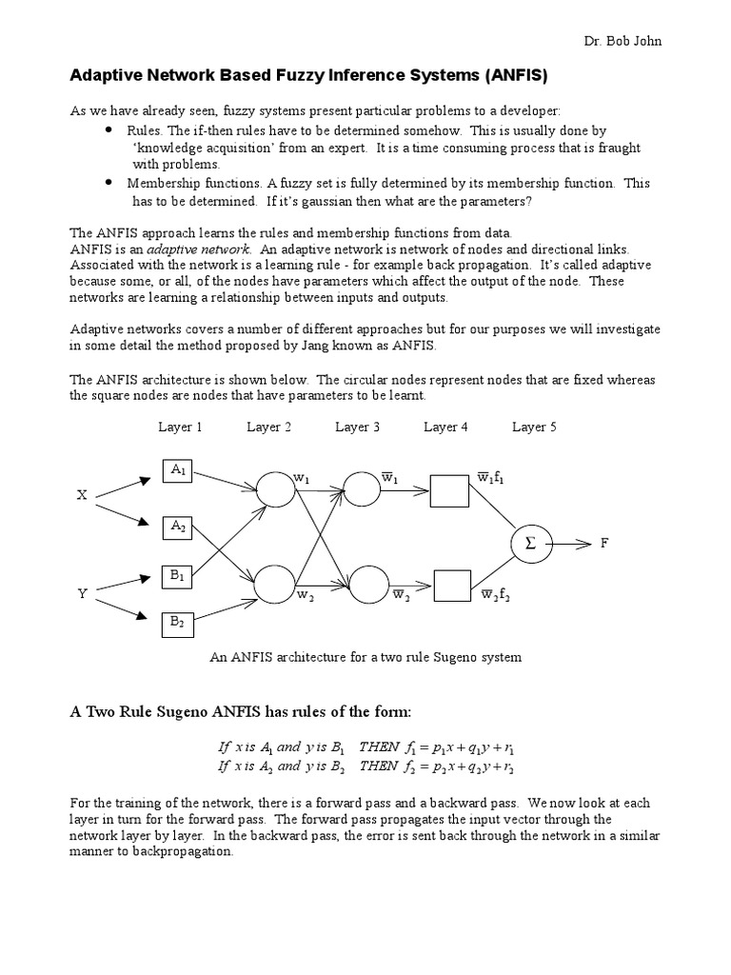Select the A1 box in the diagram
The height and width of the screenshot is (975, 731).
pos(180,469)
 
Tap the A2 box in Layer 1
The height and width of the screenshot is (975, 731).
pos(180,526)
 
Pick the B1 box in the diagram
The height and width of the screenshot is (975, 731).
pos(180,575)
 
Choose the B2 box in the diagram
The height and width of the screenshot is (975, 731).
pos(180,622)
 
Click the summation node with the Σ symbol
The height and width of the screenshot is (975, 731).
pos(530,544)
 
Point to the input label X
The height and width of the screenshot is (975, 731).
pos(82,495)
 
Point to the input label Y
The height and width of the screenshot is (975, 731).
pos(82,593)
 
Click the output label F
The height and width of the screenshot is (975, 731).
pos(603,544)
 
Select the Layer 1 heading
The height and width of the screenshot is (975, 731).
pos(180,428)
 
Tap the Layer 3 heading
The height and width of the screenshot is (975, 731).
pos(357,428)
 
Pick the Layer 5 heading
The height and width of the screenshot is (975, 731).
pos(534,428)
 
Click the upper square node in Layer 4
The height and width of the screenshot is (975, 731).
pos(449,491)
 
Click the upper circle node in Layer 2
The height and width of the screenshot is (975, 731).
pos(275,489)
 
